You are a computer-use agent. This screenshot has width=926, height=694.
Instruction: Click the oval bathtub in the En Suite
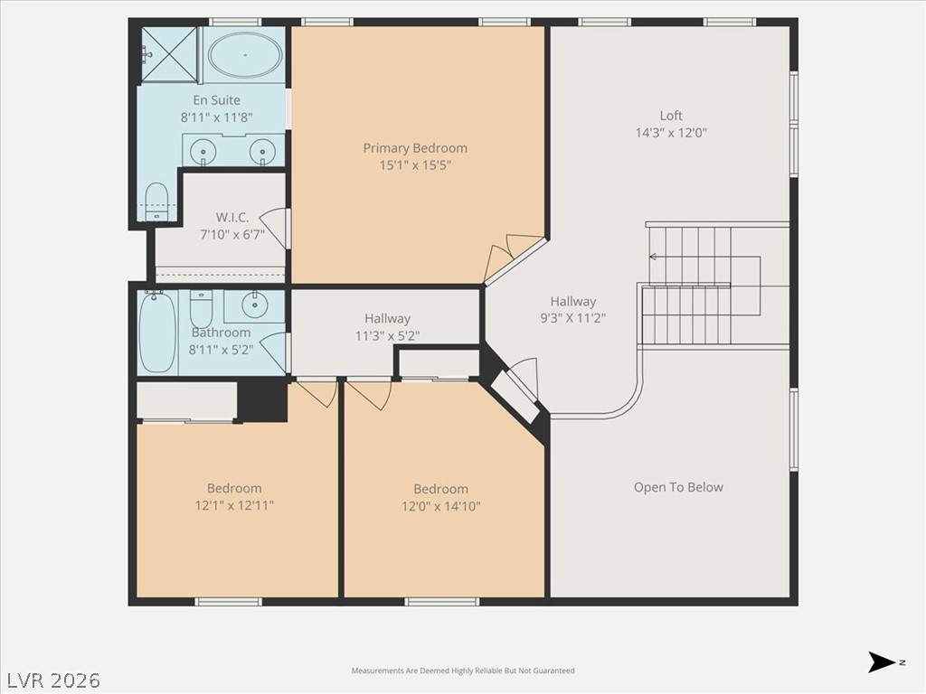(244, 55)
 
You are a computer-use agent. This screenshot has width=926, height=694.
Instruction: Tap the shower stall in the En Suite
(169, 55)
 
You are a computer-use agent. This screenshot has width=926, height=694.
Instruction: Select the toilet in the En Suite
(156, 201)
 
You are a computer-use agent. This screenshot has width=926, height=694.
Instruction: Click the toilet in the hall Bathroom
(201, 307)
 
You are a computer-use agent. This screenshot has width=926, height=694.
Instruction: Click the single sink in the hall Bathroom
(254, 305)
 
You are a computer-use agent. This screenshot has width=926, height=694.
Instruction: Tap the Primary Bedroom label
(415, 147)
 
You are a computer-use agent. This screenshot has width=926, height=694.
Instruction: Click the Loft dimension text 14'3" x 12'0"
(671, 132)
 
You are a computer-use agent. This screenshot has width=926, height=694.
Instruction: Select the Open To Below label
(678, 487)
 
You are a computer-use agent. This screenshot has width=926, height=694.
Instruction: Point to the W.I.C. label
(232, 217)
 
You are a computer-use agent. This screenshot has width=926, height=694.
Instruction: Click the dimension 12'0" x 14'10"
(441, 506)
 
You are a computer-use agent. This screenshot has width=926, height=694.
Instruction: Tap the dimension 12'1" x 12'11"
(234, 505)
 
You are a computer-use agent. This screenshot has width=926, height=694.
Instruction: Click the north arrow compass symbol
(882, 662)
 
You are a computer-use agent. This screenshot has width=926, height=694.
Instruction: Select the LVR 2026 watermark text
(51, 680)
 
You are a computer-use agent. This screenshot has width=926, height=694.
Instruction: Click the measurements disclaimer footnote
(463, 671)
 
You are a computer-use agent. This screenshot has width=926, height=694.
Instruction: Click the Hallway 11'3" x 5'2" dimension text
(387, 336)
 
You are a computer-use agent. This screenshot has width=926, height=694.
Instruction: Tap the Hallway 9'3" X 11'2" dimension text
(572, 318)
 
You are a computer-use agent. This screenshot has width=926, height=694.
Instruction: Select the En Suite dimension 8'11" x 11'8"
(217, 117)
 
